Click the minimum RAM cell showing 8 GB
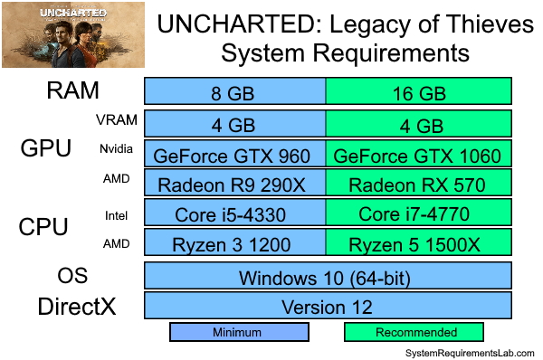pos(235,93)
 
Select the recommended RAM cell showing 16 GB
pos(418,93)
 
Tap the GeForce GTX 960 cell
pos(235,155)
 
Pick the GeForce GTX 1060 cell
pos(418,155)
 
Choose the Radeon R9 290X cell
pos(235,185)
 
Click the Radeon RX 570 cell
pos(418,185)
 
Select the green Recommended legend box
pos(416,332)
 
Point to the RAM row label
pos(73,91)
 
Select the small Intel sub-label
pos(115,214)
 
